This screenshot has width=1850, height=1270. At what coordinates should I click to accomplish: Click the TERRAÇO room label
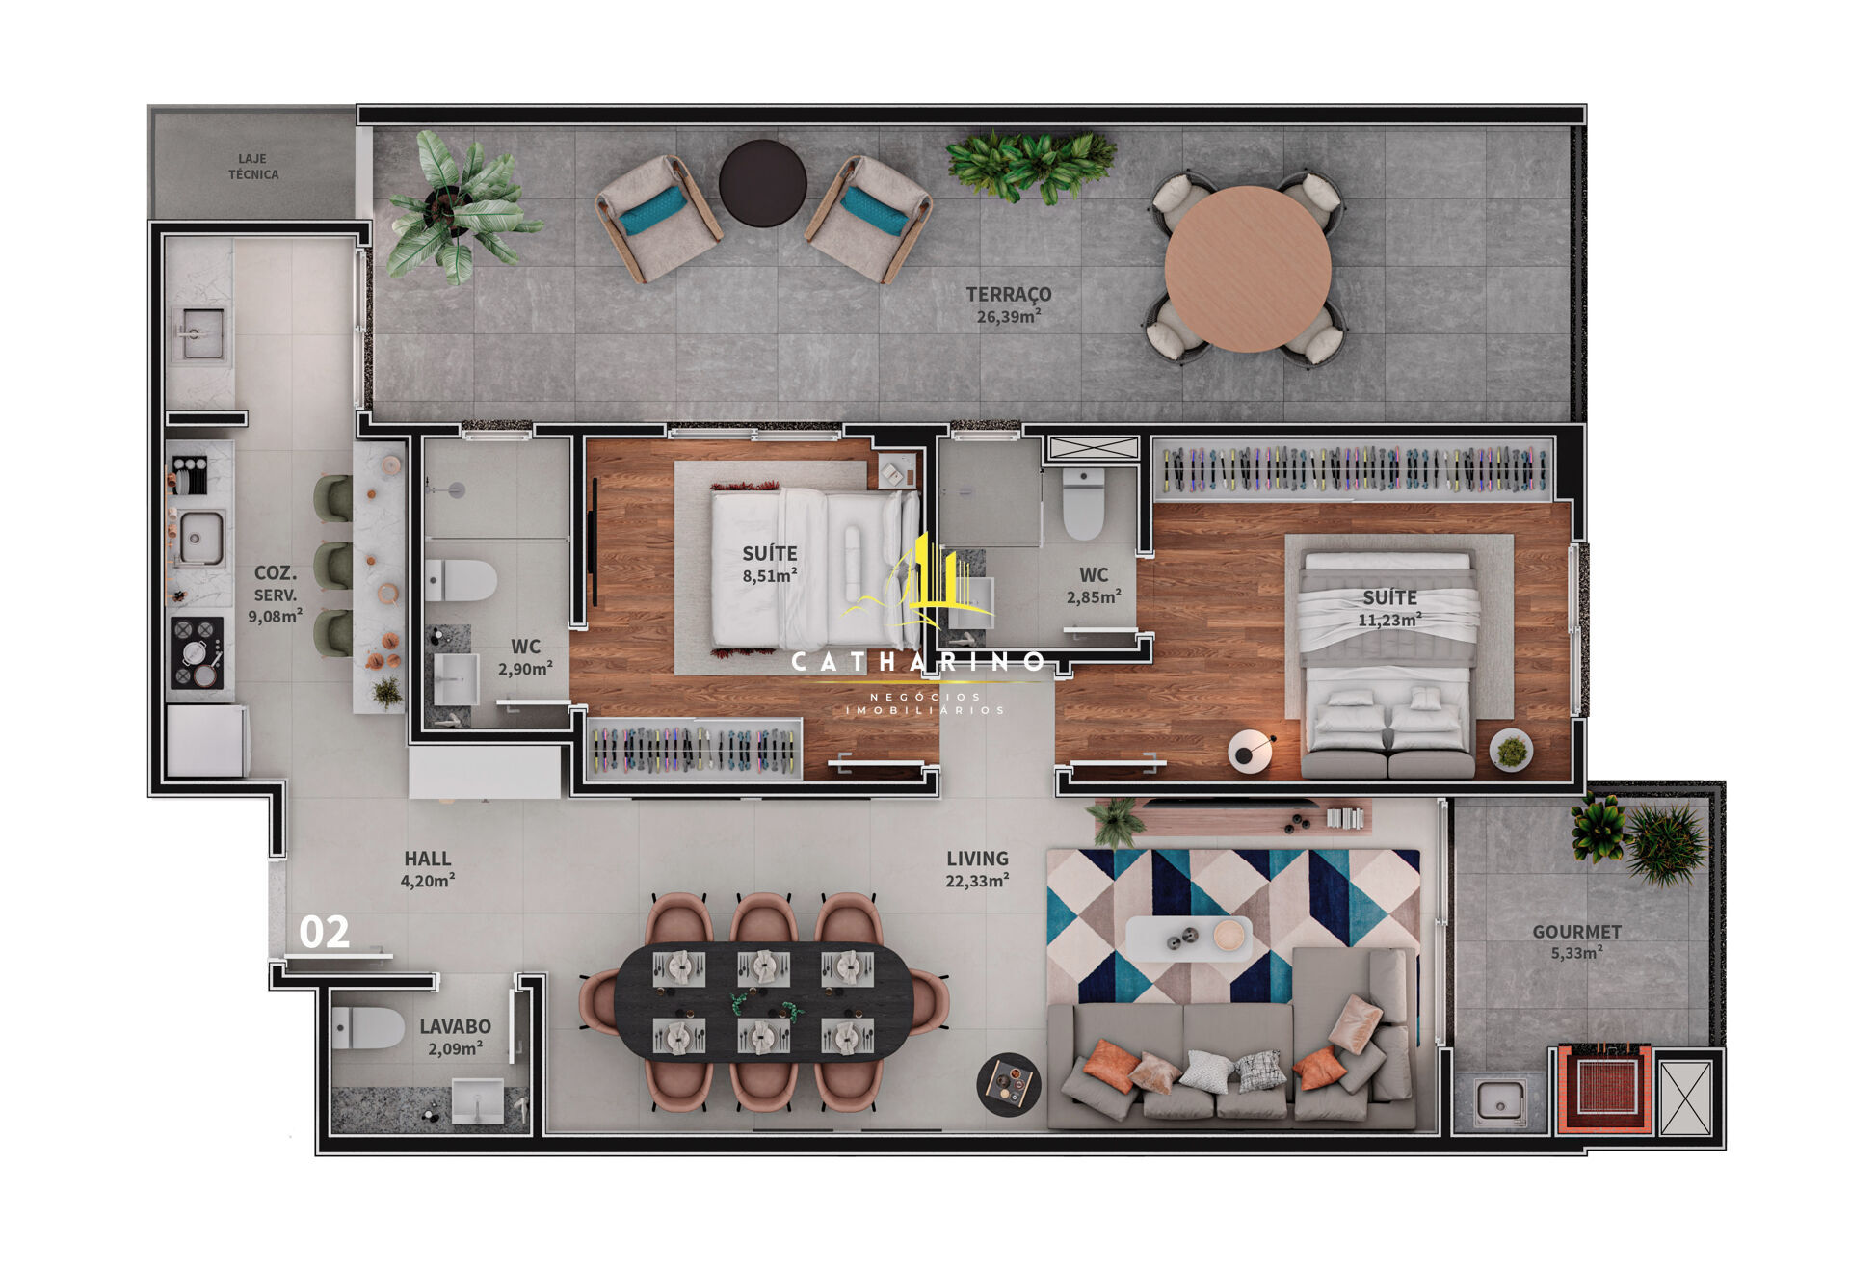pos(1009,294)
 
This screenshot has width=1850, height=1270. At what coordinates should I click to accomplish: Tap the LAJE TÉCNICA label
pos(253,167)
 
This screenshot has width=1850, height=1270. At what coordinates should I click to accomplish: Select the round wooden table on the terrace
pos(1248,269)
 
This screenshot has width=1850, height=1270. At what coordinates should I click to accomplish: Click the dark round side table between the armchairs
pos(763,183)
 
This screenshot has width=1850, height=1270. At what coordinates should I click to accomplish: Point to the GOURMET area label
pos(1576,932)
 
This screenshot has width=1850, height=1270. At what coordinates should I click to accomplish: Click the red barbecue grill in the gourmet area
pos(1604,1088)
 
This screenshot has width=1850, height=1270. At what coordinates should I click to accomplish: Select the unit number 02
pos(324,933)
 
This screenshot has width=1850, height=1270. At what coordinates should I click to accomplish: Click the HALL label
pos(428,859)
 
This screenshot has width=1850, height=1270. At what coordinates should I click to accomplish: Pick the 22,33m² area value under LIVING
pos(977,880)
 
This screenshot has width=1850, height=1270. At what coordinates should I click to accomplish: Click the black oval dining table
pos(764,1002)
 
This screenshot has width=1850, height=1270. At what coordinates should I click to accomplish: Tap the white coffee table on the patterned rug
pos(1189,938)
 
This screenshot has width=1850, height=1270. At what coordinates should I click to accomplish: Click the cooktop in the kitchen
pos(197,653)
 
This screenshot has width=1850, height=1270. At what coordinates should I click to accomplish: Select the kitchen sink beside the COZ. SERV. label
pos(200,538)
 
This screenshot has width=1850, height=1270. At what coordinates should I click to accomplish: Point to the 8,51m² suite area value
pos(769,576)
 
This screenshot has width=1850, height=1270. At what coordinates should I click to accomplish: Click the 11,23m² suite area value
pos(1389,620)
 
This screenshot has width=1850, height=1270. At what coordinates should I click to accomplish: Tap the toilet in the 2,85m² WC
pos(1084,503)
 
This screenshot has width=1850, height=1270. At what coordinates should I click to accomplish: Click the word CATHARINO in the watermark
pos(917,662)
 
